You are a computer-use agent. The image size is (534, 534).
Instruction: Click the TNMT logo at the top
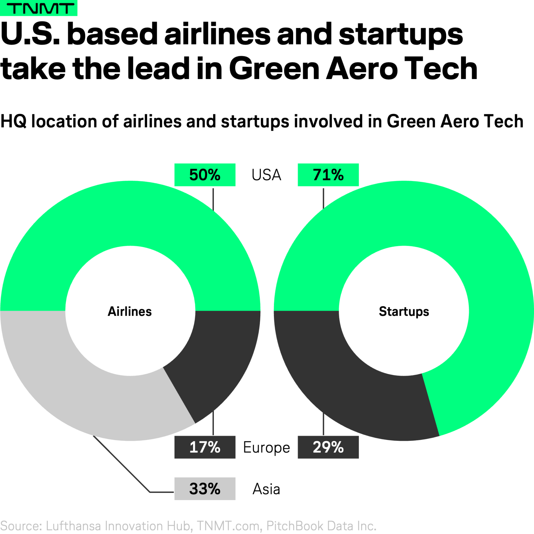[38, 8]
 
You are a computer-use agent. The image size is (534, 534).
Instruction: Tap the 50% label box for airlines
[205, 175]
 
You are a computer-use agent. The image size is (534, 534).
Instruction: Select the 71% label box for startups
[328, 175]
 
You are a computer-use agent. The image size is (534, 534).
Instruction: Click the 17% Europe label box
[205, 447]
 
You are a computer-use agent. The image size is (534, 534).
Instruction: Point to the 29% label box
[328, 447]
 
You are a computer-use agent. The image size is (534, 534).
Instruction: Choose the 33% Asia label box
[205, 489]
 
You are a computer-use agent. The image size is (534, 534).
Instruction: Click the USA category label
[266, 175]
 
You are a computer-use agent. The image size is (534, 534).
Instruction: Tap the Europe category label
[266, 448]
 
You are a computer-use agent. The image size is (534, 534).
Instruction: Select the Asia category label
[266, 489]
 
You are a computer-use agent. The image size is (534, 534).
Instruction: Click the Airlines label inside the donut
[130, 311]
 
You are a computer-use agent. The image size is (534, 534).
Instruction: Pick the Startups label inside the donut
[404, 311]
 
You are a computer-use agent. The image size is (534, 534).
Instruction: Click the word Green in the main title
[274, 68]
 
